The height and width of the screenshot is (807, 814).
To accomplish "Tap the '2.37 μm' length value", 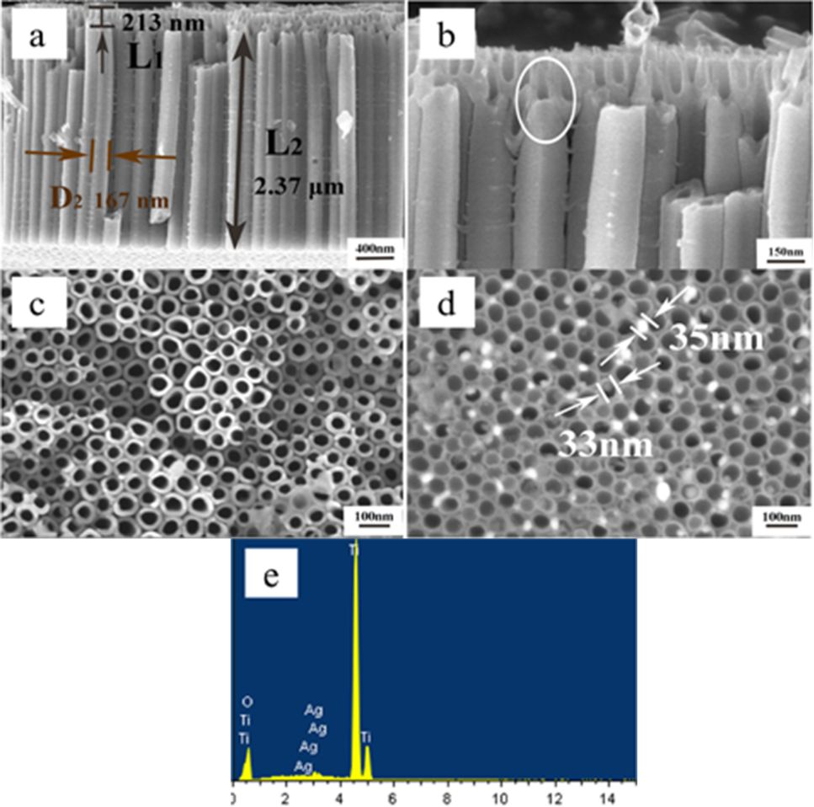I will coord(300,187).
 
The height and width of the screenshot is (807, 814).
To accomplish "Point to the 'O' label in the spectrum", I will coord(247,701).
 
